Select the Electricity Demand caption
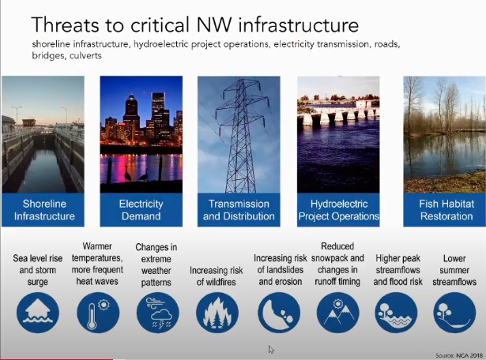click(141, 210)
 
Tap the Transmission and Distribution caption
click(239, 210)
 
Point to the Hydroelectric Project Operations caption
click(338, 210)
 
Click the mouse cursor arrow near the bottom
click(271, 349)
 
